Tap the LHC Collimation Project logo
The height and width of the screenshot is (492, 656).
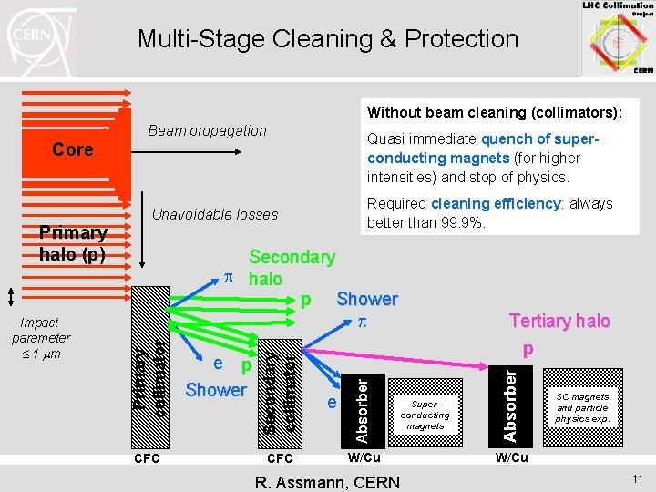(617, 37)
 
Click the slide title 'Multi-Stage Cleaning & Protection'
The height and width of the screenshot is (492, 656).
(327, 39)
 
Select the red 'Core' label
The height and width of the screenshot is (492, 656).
(73, 149)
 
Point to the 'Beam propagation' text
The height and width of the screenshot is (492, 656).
(207, 130)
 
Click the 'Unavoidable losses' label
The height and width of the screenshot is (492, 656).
(215, 214)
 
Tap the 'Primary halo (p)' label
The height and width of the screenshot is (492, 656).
(73, 243)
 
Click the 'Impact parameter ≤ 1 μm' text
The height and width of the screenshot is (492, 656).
(41, 338)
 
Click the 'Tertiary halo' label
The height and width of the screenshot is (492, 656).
(559, 321)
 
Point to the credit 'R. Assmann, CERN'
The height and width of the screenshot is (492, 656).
(328, 482)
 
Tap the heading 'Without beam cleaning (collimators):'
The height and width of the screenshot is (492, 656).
(495, 113)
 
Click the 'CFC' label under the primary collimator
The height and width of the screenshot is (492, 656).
(147, 458)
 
